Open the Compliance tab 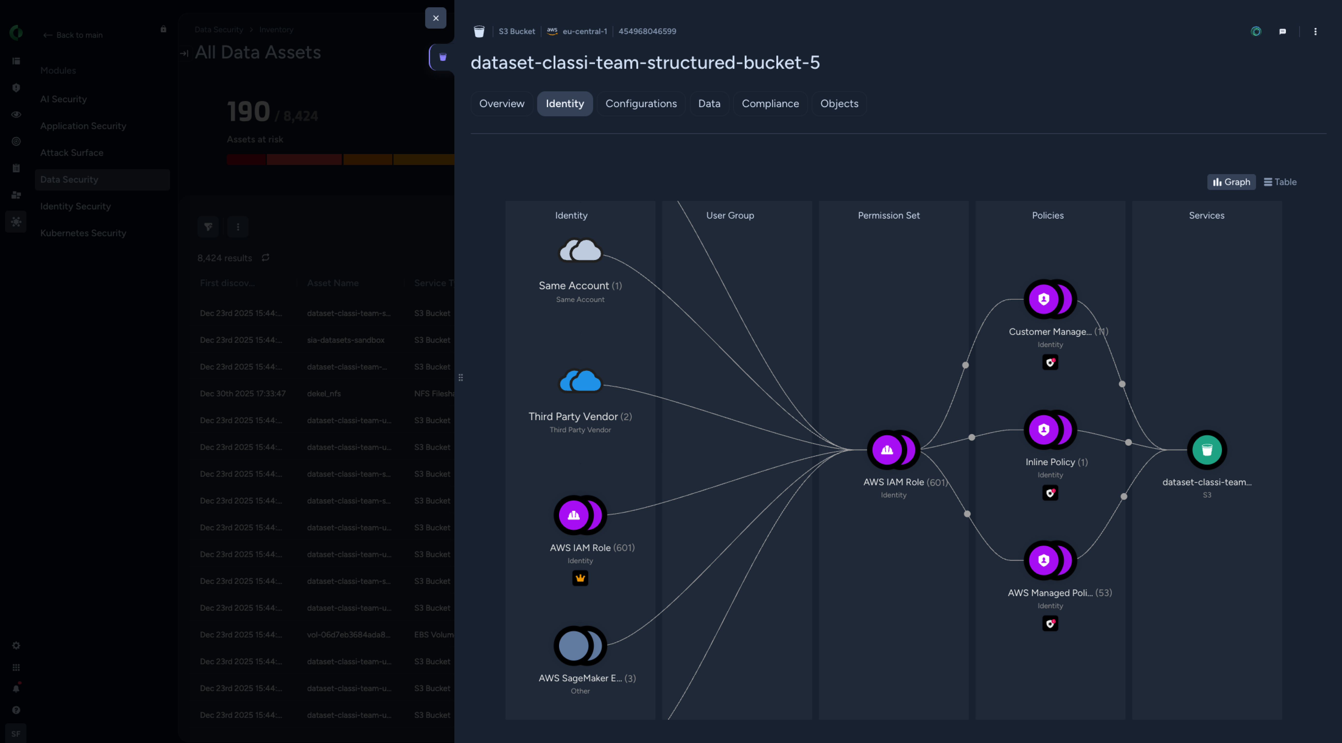point(770,104)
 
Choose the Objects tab point(839,104)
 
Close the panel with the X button point(435,18)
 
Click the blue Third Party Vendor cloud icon point(580,381)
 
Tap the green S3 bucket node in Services point(1207,450)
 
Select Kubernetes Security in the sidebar point(83,233)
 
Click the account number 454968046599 point(647,31)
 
